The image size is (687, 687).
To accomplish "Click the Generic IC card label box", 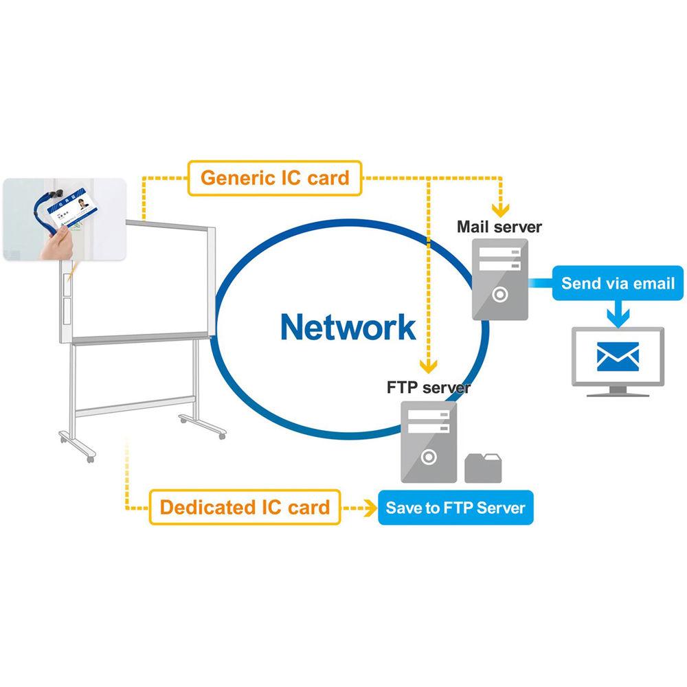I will [x=275, y=178].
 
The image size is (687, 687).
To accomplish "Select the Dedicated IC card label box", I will [x=245, y=508].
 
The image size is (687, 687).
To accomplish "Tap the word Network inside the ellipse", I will [x=348, y=327].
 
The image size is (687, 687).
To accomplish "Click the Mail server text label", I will [x=499, y=226].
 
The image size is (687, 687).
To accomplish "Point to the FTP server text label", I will [x=429, y=387].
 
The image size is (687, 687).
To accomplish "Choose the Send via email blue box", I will [x=618, y=283].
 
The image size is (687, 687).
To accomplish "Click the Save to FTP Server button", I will [x=455, y=508].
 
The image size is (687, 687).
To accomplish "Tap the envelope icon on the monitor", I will [x=618, y=357].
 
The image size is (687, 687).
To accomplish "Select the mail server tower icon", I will [x=500, y=279].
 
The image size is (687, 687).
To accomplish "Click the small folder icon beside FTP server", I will [x=485, y=467].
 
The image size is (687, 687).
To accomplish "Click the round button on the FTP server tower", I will [x=429, y=456].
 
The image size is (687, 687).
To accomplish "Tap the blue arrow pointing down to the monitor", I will [x=618, y=315].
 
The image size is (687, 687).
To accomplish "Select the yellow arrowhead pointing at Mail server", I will [x=502, y=207].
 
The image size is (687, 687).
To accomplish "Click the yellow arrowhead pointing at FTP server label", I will [x=429, y=365].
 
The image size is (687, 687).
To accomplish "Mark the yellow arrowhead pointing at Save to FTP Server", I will [x=368, y=508].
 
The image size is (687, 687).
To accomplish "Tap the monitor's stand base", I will [x=618, y=394].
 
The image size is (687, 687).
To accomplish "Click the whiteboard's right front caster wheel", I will [x=221, y=436].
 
